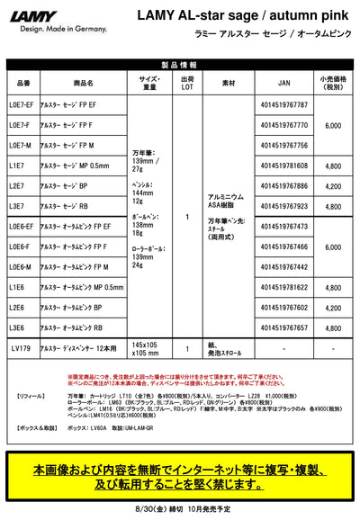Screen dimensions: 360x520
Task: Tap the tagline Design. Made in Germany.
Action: (45, 29)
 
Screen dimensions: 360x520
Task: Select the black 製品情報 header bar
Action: (180, 65)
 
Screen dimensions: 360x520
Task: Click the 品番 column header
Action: (23, 81)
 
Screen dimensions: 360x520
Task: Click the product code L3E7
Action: (17, 207)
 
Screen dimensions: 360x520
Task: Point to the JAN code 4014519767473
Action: (284, 227)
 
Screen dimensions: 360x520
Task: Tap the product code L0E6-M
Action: (21, 267)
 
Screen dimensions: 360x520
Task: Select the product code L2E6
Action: (17, 308)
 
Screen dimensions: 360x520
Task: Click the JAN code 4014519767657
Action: (284, 328)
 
